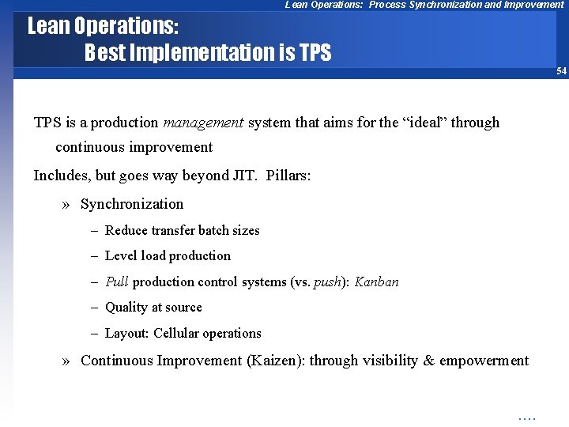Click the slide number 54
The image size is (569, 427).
561,71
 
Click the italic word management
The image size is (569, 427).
203,123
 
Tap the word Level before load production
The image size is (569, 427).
121,255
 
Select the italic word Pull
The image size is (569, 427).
117,282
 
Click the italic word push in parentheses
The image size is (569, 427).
326,282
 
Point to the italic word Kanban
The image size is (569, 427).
376,282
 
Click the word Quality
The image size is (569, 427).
126,308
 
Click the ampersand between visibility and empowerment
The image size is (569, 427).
429,361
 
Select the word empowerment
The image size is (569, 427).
484,361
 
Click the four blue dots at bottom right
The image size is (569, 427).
526,417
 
